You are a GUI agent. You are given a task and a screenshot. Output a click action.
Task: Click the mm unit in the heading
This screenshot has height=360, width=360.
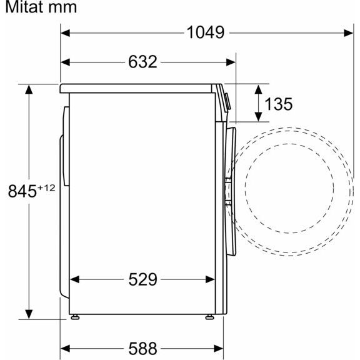pos(62,8)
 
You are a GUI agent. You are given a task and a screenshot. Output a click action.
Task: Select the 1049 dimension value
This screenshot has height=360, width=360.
pos(206,32)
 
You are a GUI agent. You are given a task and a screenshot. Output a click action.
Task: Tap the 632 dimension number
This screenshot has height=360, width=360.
pos(142,62)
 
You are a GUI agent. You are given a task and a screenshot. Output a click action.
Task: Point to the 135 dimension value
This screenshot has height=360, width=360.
pos(279,104)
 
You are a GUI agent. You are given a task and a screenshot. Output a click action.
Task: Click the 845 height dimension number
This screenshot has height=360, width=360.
pos(22,191)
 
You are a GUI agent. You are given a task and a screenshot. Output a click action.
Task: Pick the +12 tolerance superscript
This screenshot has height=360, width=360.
pos(46,188)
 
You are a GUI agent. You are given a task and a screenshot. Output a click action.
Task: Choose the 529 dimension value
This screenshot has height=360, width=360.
pos(142,279)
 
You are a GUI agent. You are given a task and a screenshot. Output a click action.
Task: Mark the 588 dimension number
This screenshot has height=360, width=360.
pos(142,349)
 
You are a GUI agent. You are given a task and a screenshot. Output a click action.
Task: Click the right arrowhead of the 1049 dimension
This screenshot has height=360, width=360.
pos(349,33)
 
